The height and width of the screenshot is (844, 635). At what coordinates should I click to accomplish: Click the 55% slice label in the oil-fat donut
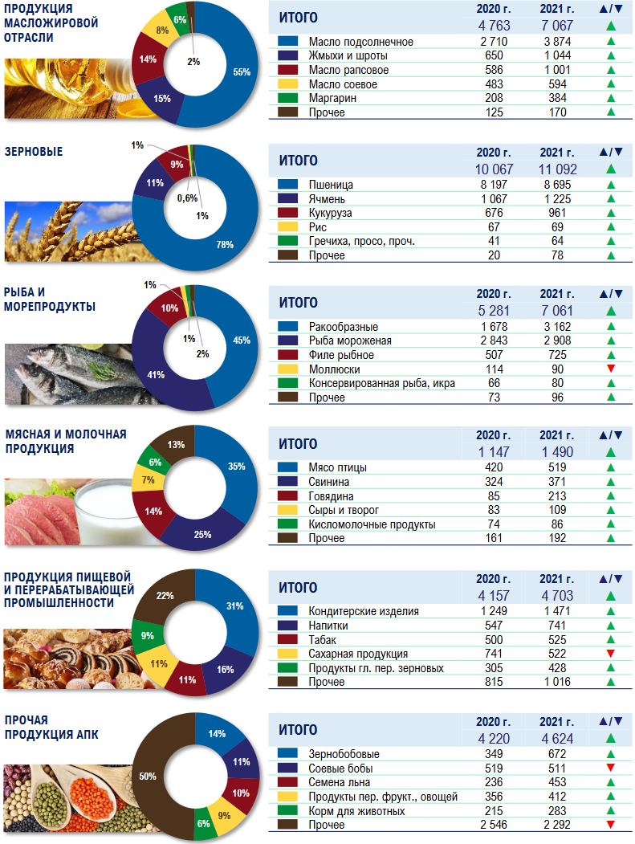pos(242,71)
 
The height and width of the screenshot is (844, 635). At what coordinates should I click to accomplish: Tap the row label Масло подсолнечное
pos(360,42)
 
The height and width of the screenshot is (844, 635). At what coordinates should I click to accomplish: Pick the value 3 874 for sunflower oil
pos(552,42)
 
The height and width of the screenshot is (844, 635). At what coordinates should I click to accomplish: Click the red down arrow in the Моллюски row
pos(611,369)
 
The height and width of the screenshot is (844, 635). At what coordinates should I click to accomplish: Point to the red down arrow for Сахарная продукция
pos(611,654)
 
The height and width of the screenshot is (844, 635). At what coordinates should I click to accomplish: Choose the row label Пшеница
pos(331,185)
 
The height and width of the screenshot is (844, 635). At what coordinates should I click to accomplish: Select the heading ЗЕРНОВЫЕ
pos(34,151)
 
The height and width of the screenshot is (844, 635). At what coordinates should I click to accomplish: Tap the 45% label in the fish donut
pos(241,340)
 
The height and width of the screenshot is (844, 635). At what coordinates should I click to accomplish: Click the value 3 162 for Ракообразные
pos(552,327)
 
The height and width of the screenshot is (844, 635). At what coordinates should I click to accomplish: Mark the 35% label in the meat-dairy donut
pos(237,467)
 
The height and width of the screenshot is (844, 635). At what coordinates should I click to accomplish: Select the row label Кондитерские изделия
pos(364,611)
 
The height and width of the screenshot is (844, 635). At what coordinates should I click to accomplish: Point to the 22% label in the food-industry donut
pos(164,595)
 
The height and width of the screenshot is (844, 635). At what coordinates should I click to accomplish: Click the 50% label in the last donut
pos(148,777)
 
